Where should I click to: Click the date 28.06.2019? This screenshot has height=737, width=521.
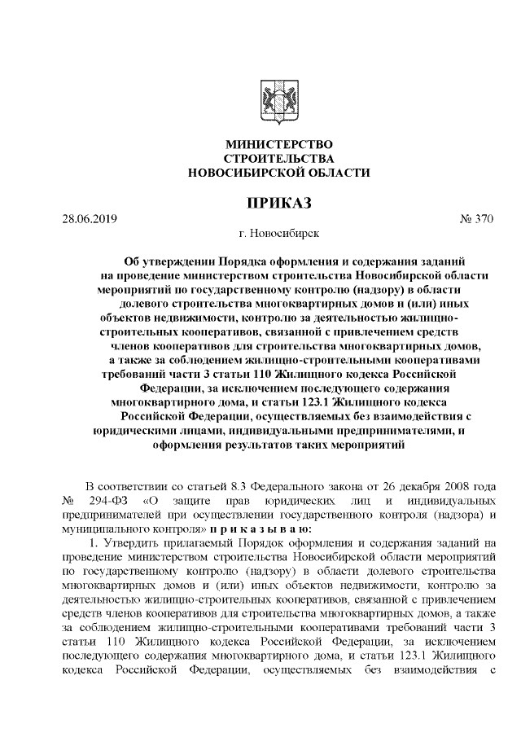click(90, 219)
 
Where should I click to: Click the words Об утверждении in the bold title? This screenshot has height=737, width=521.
click(168, 261)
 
